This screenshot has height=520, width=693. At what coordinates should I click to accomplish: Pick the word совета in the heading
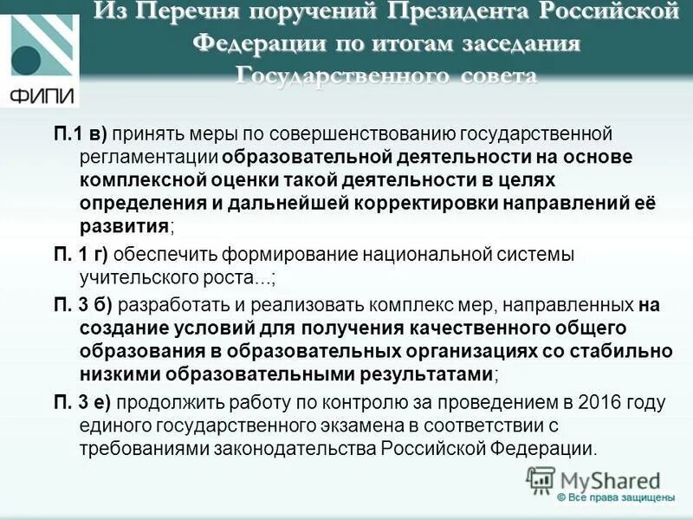pos(487,75)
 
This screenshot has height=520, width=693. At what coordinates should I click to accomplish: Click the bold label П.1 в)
pos(80,134)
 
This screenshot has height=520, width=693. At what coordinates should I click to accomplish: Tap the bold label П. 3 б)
pos(83,304)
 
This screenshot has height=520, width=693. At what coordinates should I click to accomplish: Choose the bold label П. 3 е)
pos(83,403)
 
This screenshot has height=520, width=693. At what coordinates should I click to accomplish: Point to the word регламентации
pos(148,157)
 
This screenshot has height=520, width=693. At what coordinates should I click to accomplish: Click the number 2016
pos(586,403)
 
